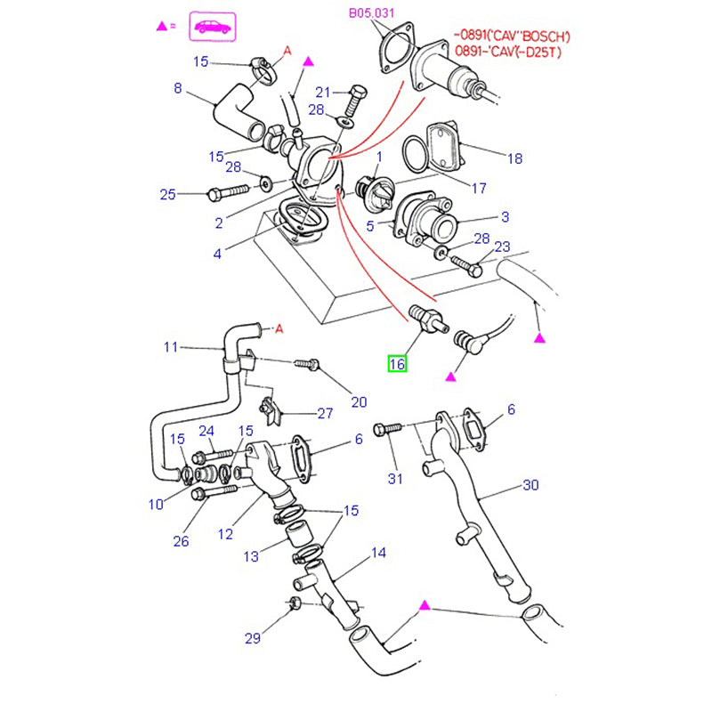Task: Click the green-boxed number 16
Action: pos(396,363)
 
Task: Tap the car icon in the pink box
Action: pos(212,27)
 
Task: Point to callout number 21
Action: pos(322,92)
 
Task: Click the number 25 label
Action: pos(168,194)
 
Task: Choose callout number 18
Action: pos(514,158)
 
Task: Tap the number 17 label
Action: pos(479,188)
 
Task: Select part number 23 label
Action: pos(502,247)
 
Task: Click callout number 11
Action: pos(171,346)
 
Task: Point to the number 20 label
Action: pos(358,401)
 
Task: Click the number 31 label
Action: pos(395,479)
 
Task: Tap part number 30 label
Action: pos(530,485)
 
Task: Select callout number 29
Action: pos(253,638)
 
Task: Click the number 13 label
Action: pos(251,556)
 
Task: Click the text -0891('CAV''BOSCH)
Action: pos(512,36)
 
